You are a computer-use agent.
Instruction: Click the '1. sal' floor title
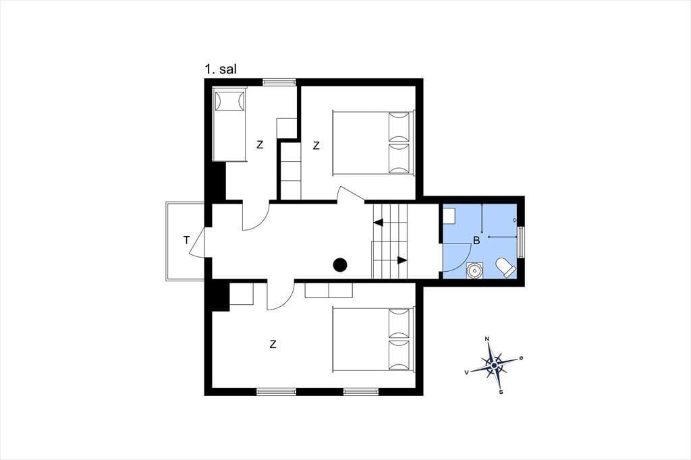click(x=221, y=69)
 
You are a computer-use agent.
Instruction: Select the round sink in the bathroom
click(x=474, y=270)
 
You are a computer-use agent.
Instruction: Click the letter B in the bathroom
click(x=476, y=241)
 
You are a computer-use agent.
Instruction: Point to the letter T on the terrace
click(x=187, y=241)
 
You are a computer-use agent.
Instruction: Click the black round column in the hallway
click(x=340, y=265)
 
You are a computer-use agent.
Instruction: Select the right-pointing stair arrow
click(x=402, y=260)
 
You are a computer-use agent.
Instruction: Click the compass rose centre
click(x=495, y=366)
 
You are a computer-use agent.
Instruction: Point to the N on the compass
click(x=487, y=339)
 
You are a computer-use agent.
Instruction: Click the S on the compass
click(x=501, y=392)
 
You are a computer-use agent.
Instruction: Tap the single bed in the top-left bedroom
click(x=229, y=124)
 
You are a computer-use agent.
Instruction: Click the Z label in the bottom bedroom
click(x=273, y=345)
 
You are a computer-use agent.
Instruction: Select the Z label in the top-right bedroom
click(x=316, y=146)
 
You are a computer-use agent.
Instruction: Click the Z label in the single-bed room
click(x=260, y=144)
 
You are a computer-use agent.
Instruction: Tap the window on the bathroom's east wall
click(x=521, y=242)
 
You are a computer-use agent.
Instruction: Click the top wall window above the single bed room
click(x=279, y=82)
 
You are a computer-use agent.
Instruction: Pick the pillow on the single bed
click(x=229, y=101)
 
